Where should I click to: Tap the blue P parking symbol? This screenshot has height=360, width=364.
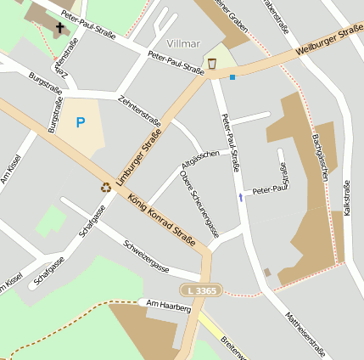point(81,123)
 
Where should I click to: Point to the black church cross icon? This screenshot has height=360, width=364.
point(59,28)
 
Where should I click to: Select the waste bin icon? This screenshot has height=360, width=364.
point(210,64)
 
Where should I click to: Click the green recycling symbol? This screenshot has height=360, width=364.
point(106,187)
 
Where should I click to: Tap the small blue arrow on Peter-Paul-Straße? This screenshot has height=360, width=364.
point(240,197)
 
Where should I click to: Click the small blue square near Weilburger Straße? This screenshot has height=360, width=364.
point(232,76)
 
